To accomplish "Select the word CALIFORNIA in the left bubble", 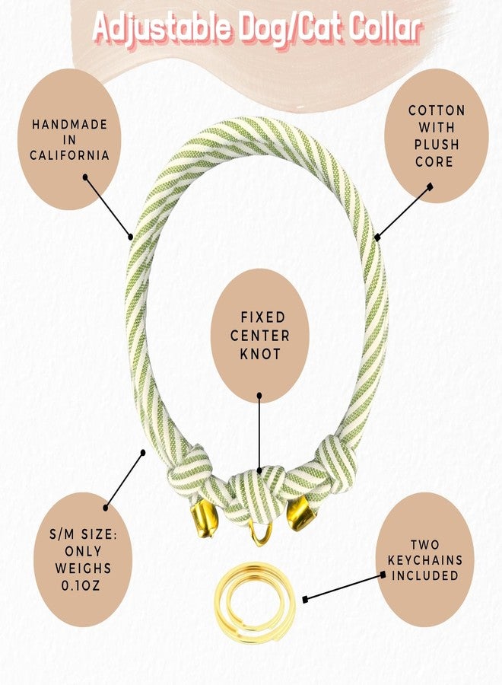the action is point(69,155).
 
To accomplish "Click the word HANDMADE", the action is point(70,125).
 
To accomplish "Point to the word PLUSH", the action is point(437,145).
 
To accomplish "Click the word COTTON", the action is point(437,110).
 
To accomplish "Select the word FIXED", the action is point(263,317).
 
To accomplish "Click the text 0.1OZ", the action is point(81,585).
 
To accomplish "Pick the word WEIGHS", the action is point(84,569).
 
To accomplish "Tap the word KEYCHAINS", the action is point(425,560).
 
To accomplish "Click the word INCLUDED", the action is point(425,575).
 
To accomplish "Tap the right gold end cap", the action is point(300,513).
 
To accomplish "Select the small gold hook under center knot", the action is point(261,534).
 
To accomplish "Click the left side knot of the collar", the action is point(191,474).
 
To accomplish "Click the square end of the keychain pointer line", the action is point(305,600).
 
